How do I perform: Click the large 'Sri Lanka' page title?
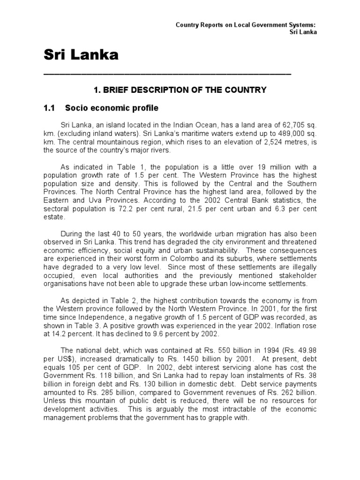81,56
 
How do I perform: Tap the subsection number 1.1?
49,108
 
